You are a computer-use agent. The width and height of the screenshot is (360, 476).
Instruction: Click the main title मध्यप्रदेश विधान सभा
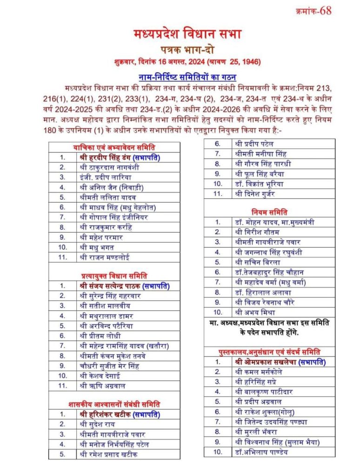[187, 34]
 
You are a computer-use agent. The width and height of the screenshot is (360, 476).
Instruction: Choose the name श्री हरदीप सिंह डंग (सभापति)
[120, 157]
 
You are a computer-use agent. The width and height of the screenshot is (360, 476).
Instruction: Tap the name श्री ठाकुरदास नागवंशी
[109, 167]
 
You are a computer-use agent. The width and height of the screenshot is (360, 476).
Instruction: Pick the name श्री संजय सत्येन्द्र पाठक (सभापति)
[124, 286]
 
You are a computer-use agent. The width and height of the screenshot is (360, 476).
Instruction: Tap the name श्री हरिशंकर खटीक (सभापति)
[120, 414]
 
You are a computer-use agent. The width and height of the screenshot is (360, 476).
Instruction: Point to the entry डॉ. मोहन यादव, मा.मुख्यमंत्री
[274, 222]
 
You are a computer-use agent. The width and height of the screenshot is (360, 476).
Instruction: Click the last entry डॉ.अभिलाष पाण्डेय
[262, 451]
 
